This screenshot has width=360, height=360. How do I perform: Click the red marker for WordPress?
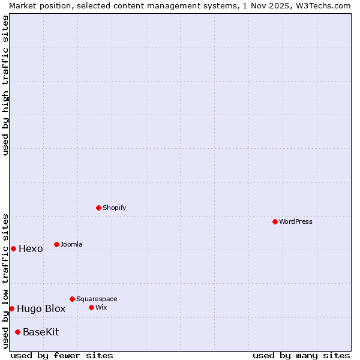pyautogui.click(x=275, y=221)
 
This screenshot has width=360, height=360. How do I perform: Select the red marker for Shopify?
pyautogui.click(x=98, y=208)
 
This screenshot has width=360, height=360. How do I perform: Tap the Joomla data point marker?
pyautogui.click(x=56, y=244)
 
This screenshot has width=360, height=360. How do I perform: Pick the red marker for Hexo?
pyautogui.click(x=13, y=248)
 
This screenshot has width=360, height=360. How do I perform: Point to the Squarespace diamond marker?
pyautogui.click(x=72, y=299)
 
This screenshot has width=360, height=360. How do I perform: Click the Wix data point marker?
pyautogui.click(x=91, y=307)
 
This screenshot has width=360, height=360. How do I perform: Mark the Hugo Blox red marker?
pyautogui.click(x=11, y=308)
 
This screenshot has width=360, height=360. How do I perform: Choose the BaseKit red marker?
pyautogui.click(x=17, y=332)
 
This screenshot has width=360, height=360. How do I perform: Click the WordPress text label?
pyautogui.click(x=296, y=221)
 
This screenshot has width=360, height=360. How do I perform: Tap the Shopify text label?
pyautogui.click(x=114, y=208)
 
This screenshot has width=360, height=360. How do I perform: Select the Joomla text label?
pyautogui.click(x=71, y=244)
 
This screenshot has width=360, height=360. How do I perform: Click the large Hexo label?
pyautogui.click(x=31, y=249)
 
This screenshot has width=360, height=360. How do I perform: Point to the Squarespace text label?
pyautogui.click(x=97, y=299)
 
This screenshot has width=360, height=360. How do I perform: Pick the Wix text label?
pyautogui.click(x=101, y=307)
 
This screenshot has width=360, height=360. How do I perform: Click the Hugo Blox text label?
pyautogui.click(x=41, y=309)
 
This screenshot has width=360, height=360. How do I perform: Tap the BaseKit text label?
pyautogui.click(x=41, y=332)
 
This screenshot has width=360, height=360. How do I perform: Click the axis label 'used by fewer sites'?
pyautogui.click(x=62, y=355)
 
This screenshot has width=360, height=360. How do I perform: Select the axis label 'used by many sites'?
pyautogui.click(x=301, y=355)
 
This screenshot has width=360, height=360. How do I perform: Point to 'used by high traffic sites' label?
pyautogui.click(x=5, y=85)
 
